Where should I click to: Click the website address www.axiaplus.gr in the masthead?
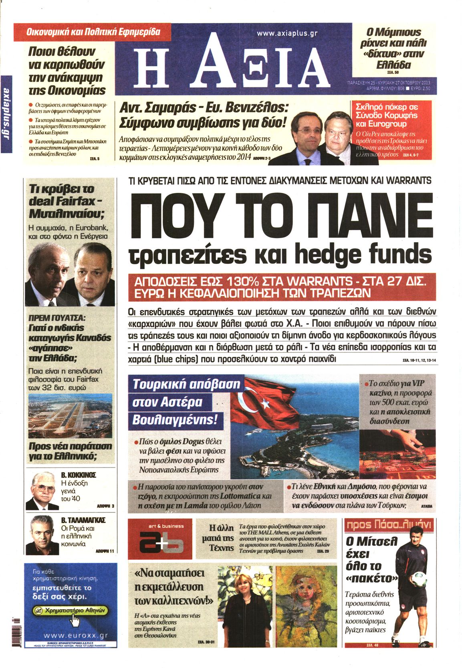pyautogui.click(x=287, y=33)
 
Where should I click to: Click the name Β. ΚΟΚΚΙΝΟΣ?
pyautogui.click(x=79, y=475)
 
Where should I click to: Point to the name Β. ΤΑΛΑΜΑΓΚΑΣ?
pyautogui.click(x=83, y=520)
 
